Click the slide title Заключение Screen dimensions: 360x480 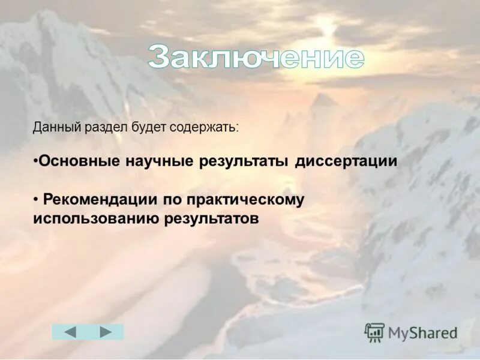pos(256,58)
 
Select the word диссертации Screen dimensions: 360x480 pos(346,161)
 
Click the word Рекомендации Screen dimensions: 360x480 pos(103,199)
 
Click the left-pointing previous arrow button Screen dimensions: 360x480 pos(70,332)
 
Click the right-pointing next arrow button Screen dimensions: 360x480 pos(106,332)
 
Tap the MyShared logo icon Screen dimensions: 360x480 pos(374,332)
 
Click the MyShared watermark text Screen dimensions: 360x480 pos(422,333)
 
